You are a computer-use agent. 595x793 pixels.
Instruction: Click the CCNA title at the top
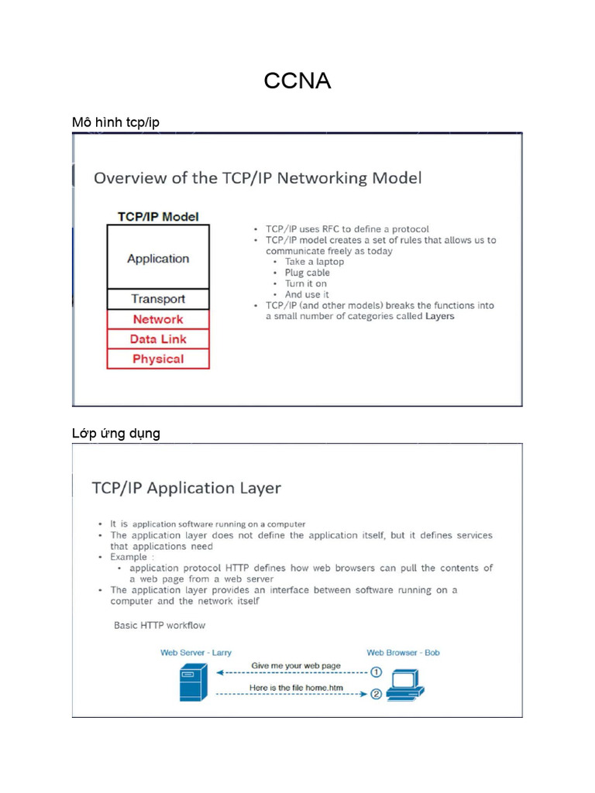[297, 80]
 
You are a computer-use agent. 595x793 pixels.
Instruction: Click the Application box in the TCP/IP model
[158, 258]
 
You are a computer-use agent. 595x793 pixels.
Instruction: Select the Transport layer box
[158, 299]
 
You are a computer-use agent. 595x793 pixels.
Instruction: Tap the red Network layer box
[158, 319]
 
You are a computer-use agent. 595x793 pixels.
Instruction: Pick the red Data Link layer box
[158, 339]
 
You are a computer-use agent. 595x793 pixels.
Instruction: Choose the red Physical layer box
[158, 359]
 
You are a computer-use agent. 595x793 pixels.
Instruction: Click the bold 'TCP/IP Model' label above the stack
[158, 217]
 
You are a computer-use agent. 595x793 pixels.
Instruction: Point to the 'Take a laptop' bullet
[314, 262]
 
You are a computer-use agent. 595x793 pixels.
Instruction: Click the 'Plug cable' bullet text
[307, 273]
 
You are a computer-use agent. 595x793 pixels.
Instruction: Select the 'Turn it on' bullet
[305, 283]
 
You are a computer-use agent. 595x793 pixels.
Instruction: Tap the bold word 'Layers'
[440, 316]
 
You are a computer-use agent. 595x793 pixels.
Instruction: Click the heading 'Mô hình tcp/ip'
[115, 122]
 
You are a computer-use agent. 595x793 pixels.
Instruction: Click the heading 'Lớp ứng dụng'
[116, 434]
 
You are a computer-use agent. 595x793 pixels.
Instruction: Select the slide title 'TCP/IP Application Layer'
[186, 488]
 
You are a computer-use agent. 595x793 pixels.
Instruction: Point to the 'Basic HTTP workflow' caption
[160, 625]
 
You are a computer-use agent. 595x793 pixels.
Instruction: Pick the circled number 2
[376, 694]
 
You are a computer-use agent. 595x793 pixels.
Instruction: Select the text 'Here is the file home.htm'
[296, 688]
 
